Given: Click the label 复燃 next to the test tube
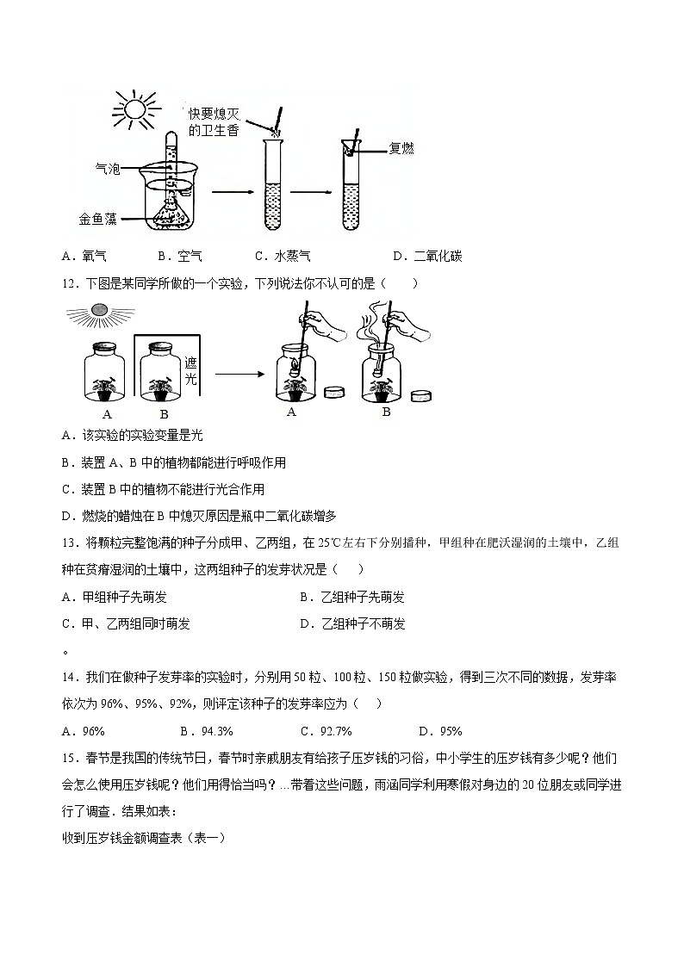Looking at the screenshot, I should [x=402, y=149].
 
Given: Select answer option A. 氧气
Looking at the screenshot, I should [x=84, y=256].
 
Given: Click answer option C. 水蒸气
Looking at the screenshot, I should [x=283, y=256].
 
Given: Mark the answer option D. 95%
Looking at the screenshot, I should [x=440, y=731].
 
